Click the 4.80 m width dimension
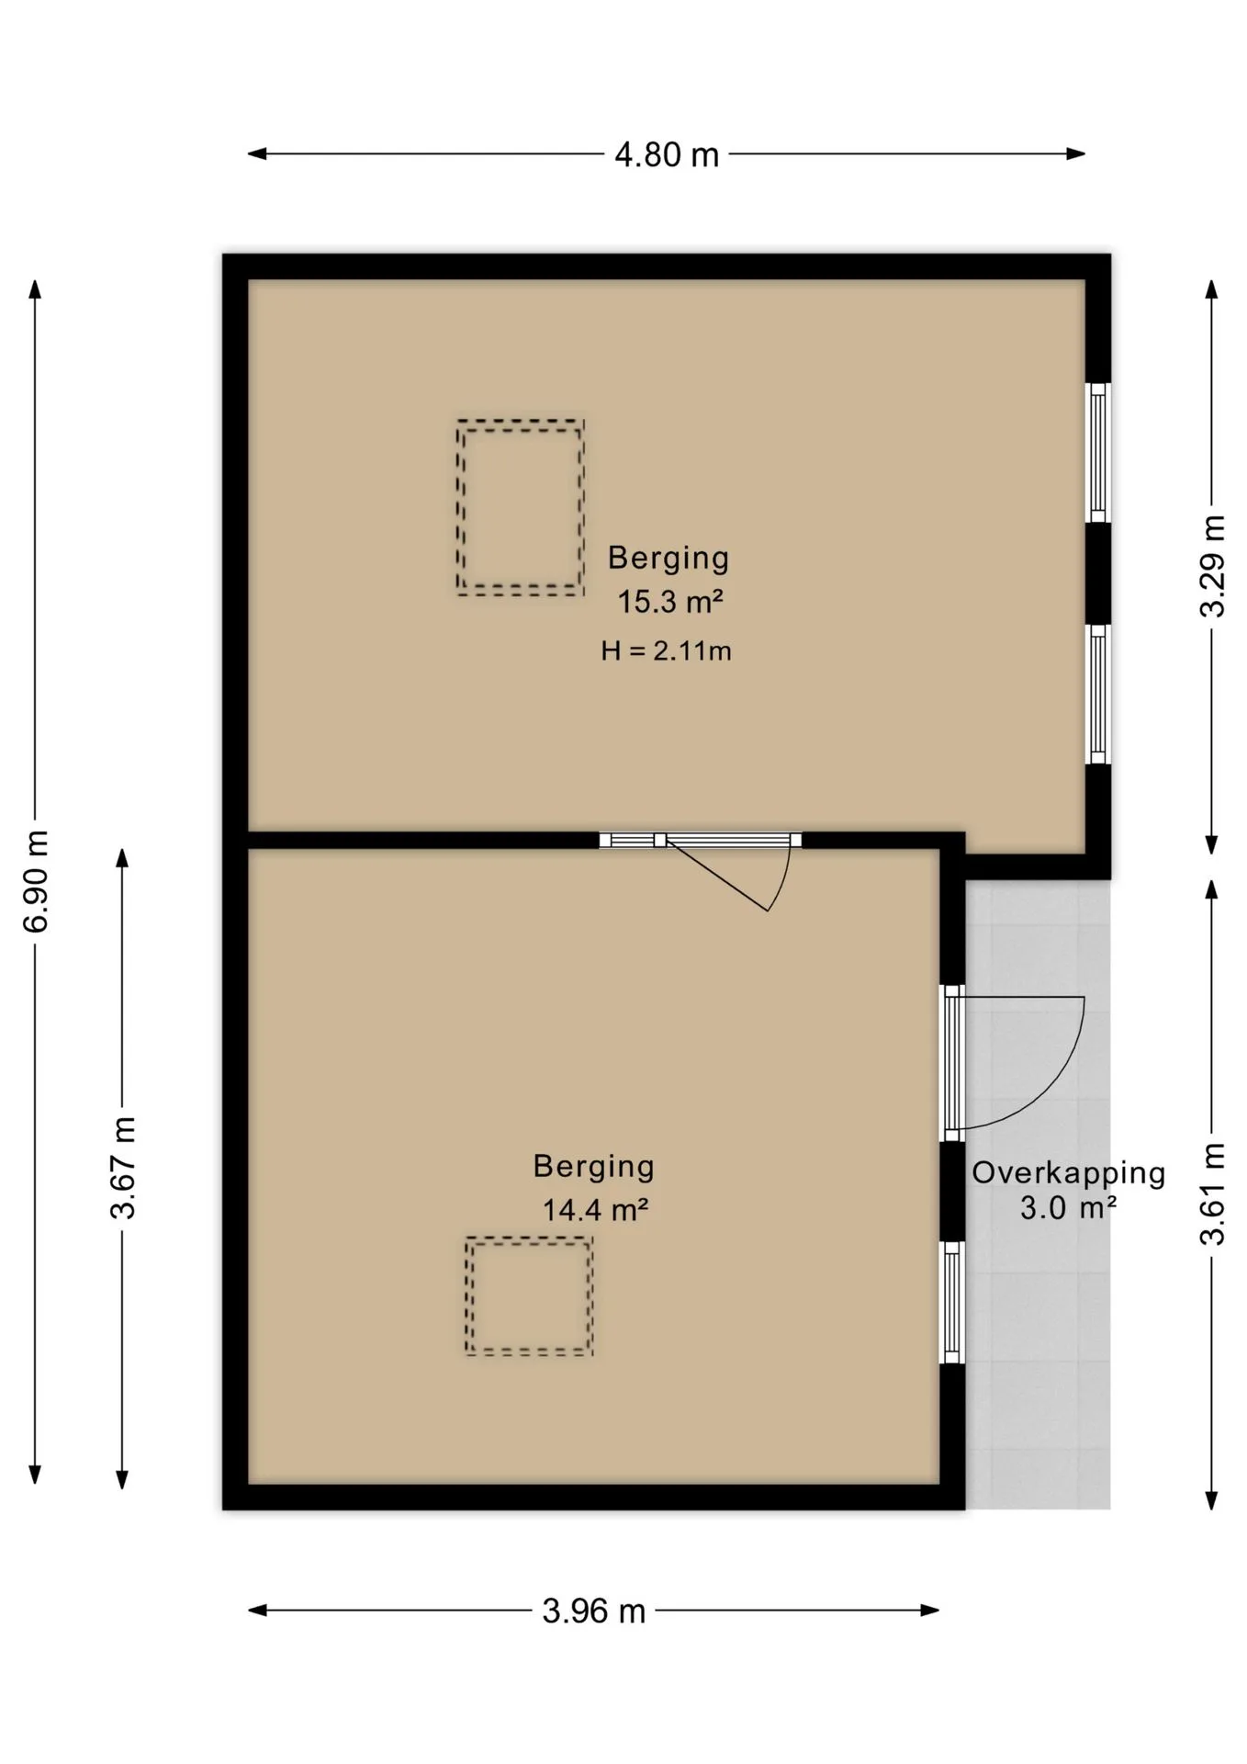click(667, 154)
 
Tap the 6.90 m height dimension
click(36, 881)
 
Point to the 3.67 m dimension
click(122, 1167)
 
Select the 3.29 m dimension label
click(1213, 565)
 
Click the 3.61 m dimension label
click(1213, 1193)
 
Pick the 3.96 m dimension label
click(594, 1611)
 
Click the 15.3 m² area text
click(669, 603)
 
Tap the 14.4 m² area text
click(595, 1210)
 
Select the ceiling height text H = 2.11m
click(666, 651)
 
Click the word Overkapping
click(1069, 1173)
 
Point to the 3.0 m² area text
click(1068, 1207)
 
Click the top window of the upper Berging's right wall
click(1098, 452)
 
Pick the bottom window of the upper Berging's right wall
click(1098, 694)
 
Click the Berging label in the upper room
click(668, 558)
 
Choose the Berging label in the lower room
click(594, 1167)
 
